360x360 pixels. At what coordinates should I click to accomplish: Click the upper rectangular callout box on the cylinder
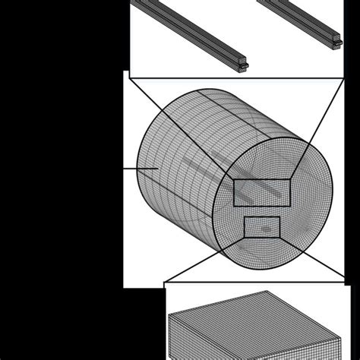(x=261, y=192)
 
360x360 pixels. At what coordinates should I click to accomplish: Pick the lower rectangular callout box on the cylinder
(x=261, y=226)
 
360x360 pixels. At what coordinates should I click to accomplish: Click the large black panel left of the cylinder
(x=61, y=152)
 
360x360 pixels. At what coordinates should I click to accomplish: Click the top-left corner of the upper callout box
(x=234, y=181)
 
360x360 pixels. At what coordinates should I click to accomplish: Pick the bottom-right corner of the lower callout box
(x=279, y=235)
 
